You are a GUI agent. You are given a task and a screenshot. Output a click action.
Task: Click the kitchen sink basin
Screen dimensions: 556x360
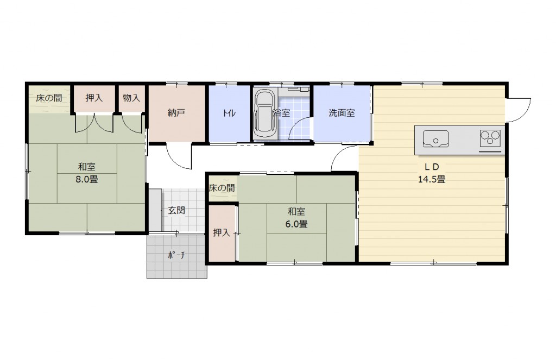435,138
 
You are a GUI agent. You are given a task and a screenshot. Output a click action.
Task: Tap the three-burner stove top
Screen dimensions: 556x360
490,138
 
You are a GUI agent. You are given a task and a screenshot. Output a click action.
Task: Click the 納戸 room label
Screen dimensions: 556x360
176,113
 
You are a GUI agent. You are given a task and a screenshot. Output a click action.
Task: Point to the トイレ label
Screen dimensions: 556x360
229,113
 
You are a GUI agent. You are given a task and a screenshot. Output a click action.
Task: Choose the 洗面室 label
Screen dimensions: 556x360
342,113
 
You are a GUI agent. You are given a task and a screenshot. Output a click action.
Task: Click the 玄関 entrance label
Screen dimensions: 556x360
176,210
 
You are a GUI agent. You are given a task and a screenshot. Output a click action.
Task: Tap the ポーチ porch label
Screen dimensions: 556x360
176,255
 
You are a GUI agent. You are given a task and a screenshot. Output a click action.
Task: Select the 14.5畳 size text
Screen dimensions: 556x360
432,179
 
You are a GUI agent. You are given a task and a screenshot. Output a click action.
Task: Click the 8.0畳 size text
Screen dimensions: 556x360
86,179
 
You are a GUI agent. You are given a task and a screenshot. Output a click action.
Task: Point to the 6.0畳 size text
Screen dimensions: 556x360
296,224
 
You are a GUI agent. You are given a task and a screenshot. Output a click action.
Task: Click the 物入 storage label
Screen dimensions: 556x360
131,98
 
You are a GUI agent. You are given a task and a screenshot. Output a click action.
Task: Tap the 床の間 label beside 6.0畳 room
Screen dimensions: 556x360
222,188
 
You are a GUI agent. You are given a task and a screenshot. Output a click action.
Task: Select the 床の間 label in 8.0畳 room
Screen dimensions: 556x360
49,98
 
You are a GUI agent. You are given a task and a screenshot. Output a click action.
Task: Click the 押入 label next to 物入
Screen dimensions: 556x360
94,98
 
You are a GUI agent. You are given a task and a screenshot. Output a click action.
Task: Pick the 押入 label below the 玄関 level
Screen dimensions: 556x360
222,233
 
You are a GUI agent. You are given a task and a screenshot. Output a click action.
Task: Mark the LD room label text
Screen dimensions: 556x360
432,167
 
